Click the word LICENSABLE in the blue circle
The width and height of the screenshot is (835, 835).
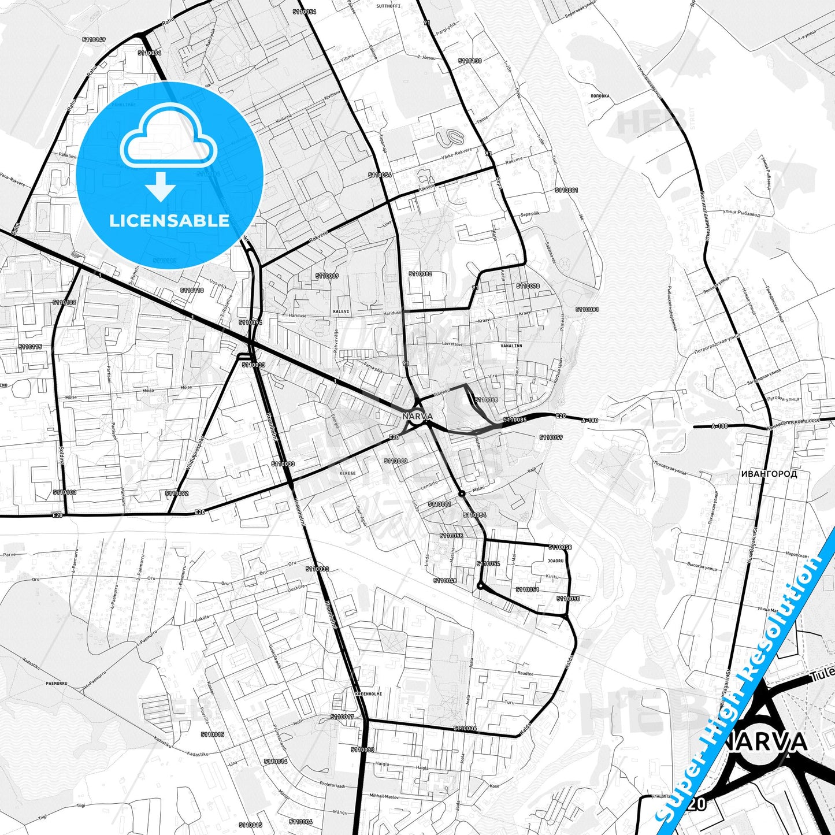[x=169, y=221]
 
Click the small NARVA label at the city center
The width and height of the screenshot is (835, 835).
[x=418, y=416]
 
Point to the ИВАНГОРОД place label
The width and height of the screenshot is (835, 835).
[x=769, y=474]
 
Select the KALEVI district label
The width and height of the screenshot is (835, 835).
[x=341, y=311]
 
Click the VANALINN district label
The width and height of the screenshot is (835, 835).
[x=511, y=346]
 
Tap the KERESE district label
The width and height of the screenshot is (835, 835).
[x=348, y=473]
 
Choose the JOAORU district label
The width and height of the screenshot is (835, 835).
[x=555, y=561]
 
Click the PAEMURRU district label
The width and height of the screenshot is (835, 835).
[x=57, y=684]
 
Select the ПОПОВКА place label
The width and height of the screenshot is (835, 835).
[x=601, y=96]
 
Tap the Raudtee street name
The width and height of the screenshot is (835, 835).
[x=525, y=673]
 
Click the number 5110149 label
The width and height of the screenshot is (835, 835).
[x=94, y=40]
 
